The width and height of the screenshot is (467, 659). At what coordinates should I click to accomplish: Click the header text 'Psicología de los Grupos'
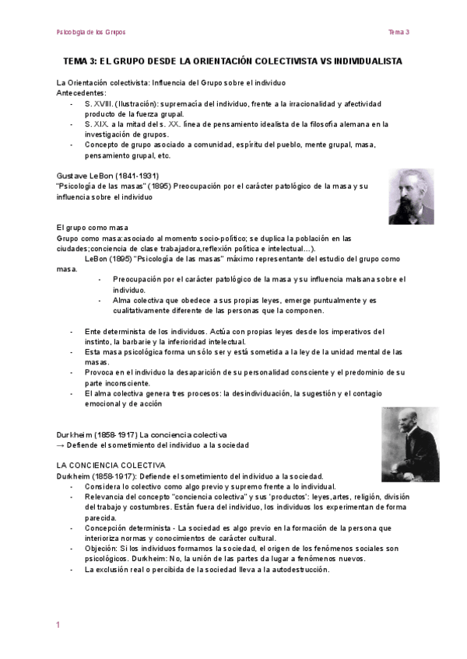(x=91, y=32)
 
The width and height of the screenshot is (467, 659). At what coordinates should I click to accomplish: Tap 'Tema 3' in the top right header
(x=399, y=32)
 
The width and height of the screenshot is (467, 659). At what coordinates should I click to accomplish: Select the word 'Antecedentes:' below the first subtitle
(x=81, y=92)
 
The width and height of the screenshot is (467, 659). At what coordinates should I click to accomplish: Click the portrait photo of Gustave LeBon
(x=411, y=197)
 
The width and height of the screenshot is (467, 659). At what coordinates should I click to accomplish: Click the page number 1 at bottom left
(x=58, y=625)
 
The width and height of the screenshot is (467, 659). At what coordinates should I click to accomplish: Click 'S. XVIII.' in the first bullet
(x=100, y=103)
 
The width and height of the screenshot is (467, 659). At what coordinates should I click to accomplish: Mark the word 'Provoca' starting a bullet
(x=100, y=372)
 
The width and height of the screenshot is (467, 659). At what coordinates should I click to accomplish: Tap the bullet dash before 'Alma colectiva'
(x=100, y=300)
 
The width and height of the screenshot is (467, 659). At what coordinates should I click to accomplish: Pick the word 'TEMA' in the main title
(x=75, y=61)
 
